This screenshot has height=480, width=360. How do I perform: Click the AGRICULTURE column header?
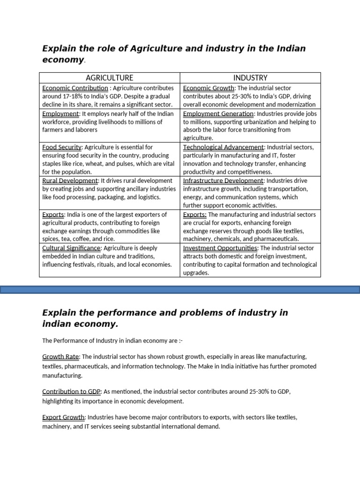coord(109,78)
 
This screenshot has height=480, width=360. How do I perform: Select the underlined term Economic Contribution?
coord(75,88)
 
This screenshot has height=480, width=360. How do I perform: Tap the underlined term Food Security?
coord(62,147)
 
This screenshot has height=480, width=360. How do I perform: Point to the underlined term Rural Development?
coord(70,181)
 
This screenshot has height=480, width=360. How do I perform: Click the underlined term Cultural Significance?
coord(71,248)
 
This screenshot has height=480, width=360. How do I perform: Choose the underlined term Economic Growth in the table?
coord(209,88)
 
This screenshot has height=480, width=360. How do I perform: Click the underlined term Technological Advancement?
coord(224,147)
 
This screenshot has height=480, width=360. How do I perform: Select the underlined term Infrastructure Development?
coord(224,181)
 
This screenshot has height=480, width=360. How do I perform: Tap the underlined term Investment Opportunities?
coord(220,248)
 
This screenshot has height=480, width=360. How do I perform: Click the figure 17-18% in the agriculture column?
coord(70,97)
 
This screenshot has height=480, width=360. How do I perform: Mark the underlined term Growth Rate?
coord(61,357)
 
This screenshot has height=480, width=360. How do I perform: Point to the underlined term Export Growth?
coord(63,417)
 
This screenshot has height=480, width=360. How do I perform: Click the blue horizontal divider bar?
coord(180,291)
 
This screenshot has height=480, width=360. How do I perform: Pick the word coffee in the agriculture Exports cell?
coord(84,240)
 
